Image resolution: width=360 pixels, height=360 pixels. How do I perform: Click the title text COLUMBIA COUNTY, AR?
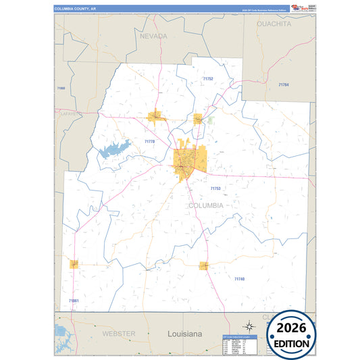click(79, 9)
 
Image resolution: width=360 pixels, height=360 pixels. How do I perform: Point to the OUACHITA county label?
click(274, 24)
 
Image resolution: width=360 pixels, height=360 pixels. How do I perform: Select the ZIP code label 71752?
click(208, 79)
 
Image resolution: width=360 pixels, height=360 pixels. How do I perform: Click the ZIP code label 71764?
click(284, 84)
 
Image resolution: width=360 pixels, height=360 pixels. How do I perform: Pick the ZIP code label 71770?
click(149, 141)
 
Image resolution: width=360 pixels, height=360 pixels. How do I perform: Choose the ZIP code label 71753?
click(215, 188)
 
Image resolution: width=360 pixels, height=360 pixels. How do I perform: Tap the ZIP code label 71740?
click(239, 279)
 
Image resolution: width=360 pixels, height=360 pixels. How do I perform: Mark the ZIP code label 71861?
click(74, 301)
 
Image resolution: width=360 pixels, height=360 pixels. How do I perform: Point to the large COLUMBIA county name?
click(206, 205)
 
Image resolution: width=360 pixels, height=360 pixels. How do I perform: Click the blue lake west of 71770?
click(114, 149)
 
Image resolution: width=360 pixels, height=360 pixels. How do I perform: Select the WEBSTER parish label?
click(119, 334)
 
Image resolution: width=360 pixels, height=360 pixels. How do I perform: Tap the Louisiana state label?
click(184, 334)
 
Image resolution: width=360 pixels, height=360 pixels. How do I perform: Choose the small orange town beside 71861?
click(74, 264)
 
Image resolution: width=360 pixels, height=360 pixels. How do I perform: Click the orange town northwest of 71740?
click(203, 266)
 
